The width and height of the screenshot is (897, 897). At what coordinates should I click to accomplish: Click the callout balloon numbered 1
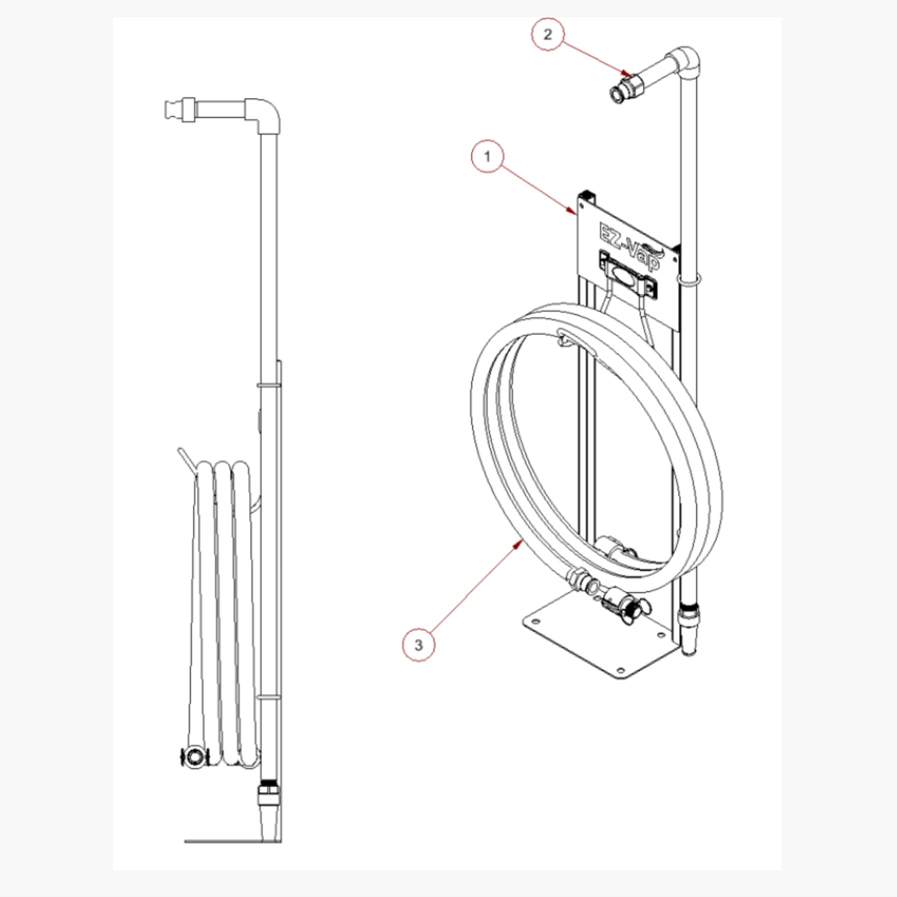pyautogui.click(x=487, y=156)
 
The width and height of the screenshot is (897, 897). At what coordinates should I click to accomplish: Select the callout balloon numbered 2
pyautogui.click(x=548, y=34)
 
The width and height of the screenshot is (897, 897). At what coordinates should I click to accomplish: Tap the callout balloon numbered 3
pyautogui.click(x=419, y=644)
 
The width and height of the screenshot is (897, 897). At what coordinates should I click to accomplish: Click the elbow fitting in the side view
pyautogui.click(x=266, y=115)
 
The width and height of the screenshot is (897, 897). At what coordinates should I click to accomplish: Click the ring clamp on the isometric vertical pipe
pyautogui.click(x=689, y=280)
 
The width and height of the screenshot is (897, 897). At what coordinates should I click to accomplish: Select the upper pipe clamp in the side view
pyautogui.click(x=269, y=385)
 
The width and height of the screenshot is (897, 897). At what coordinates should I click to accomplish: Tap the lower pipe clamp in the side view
pyautogui.click(x=269, y=697)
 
